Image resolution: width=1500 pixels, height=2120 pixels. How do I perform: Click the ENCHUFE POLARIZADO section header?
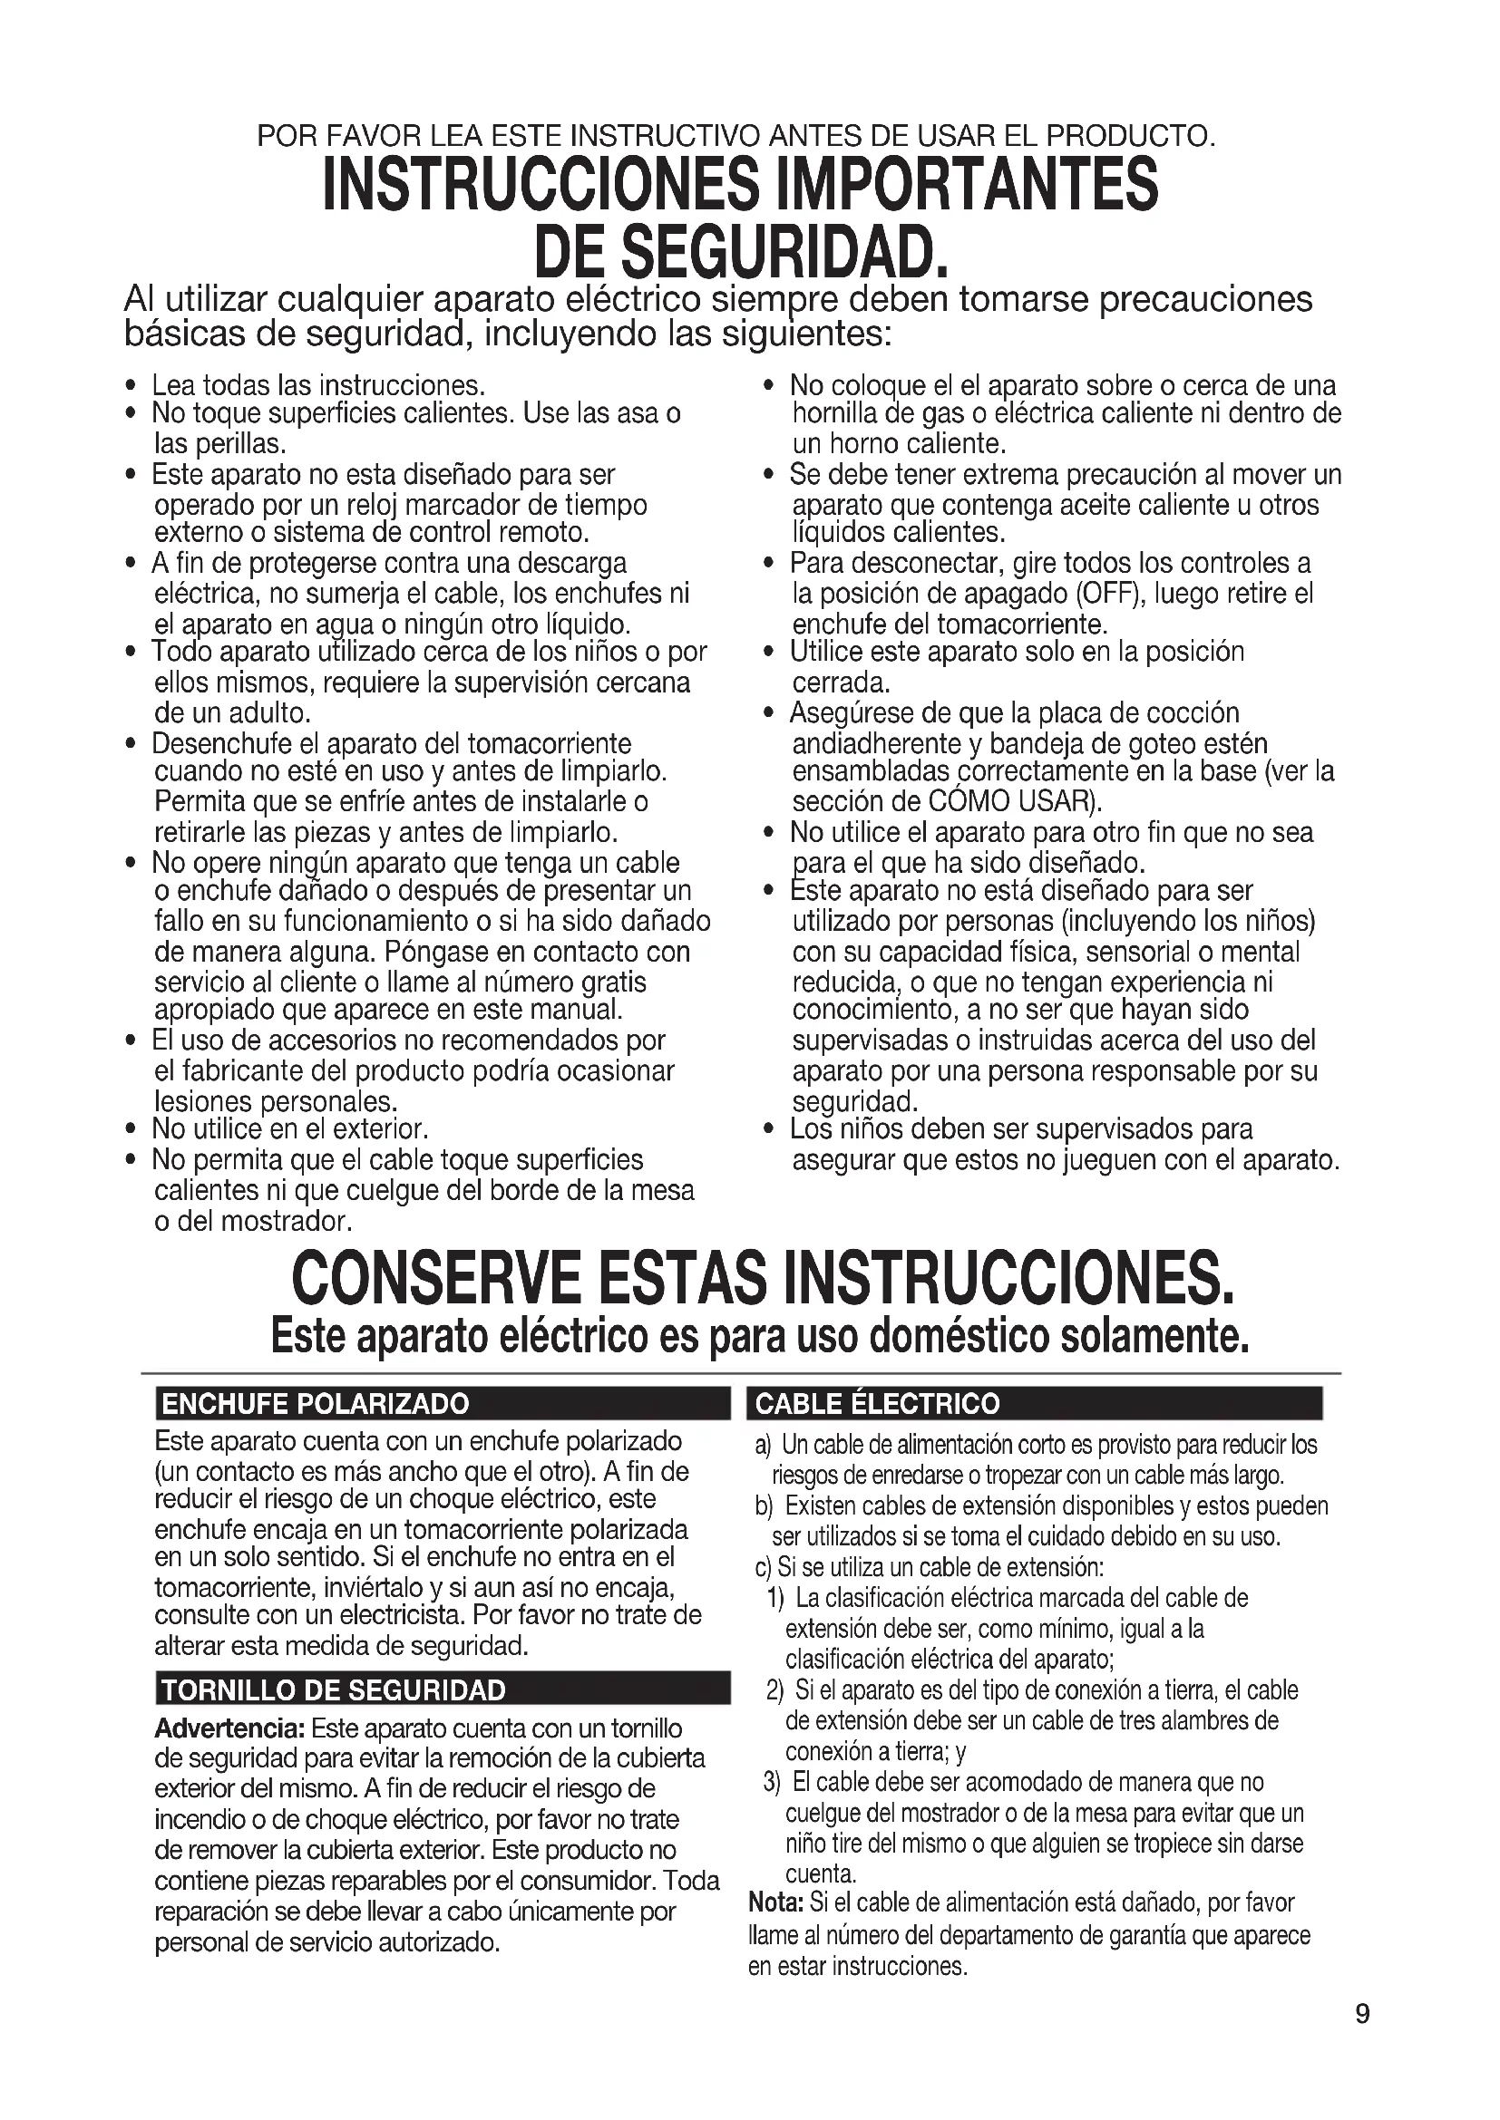pos(315,1404)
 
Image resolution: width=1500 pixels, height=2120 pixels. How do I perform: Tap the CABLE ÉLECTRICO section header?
pos(877,1404)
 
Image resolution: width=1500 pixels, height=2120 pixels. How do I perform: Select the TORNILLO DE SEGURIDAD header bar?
pos(334,1690)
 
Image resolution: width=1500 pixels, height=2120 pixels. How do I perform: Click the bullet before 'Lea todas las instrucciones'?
pos(133,386)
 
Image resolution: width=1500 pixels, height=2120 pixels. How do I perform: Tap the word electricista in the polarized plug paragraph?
pos(387,1617)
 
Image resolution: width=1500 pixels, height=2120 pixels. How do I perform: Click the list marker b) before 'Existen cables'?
pos(764,1506)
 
